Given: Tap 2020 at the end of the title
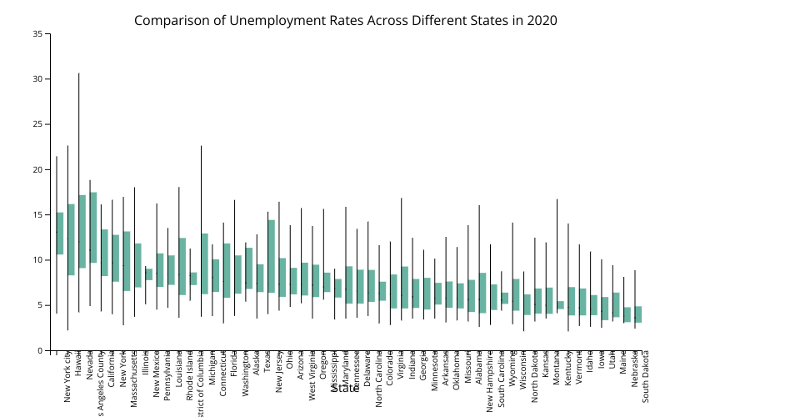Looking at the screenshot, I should pyautogui.click(x=542, y=21).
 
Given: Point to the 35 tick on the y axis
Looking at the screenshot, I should pyautogui.click(x=38, y=34).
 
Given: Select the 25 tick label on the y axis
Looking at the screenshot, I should pyautogui.click(x=38, y=124).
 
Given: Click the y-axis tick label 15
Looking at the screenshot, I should pyautogui.click(x=38, y=215).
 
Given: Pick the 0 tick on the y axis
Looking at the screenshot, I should pyautogui.click(x=41, y=350).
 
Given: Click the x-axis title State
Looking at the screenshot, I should pyautogui.click(x=345, y=388).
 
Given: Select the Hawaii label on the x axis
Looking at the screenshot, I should pyautogui.click(x=78, y=366).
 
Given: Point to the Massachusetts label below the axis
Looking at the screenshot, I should pyautogui.click(x=135, y=380).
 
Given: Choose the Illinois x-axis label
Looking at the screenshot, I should pyautogui.click(x=146, y=366).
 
